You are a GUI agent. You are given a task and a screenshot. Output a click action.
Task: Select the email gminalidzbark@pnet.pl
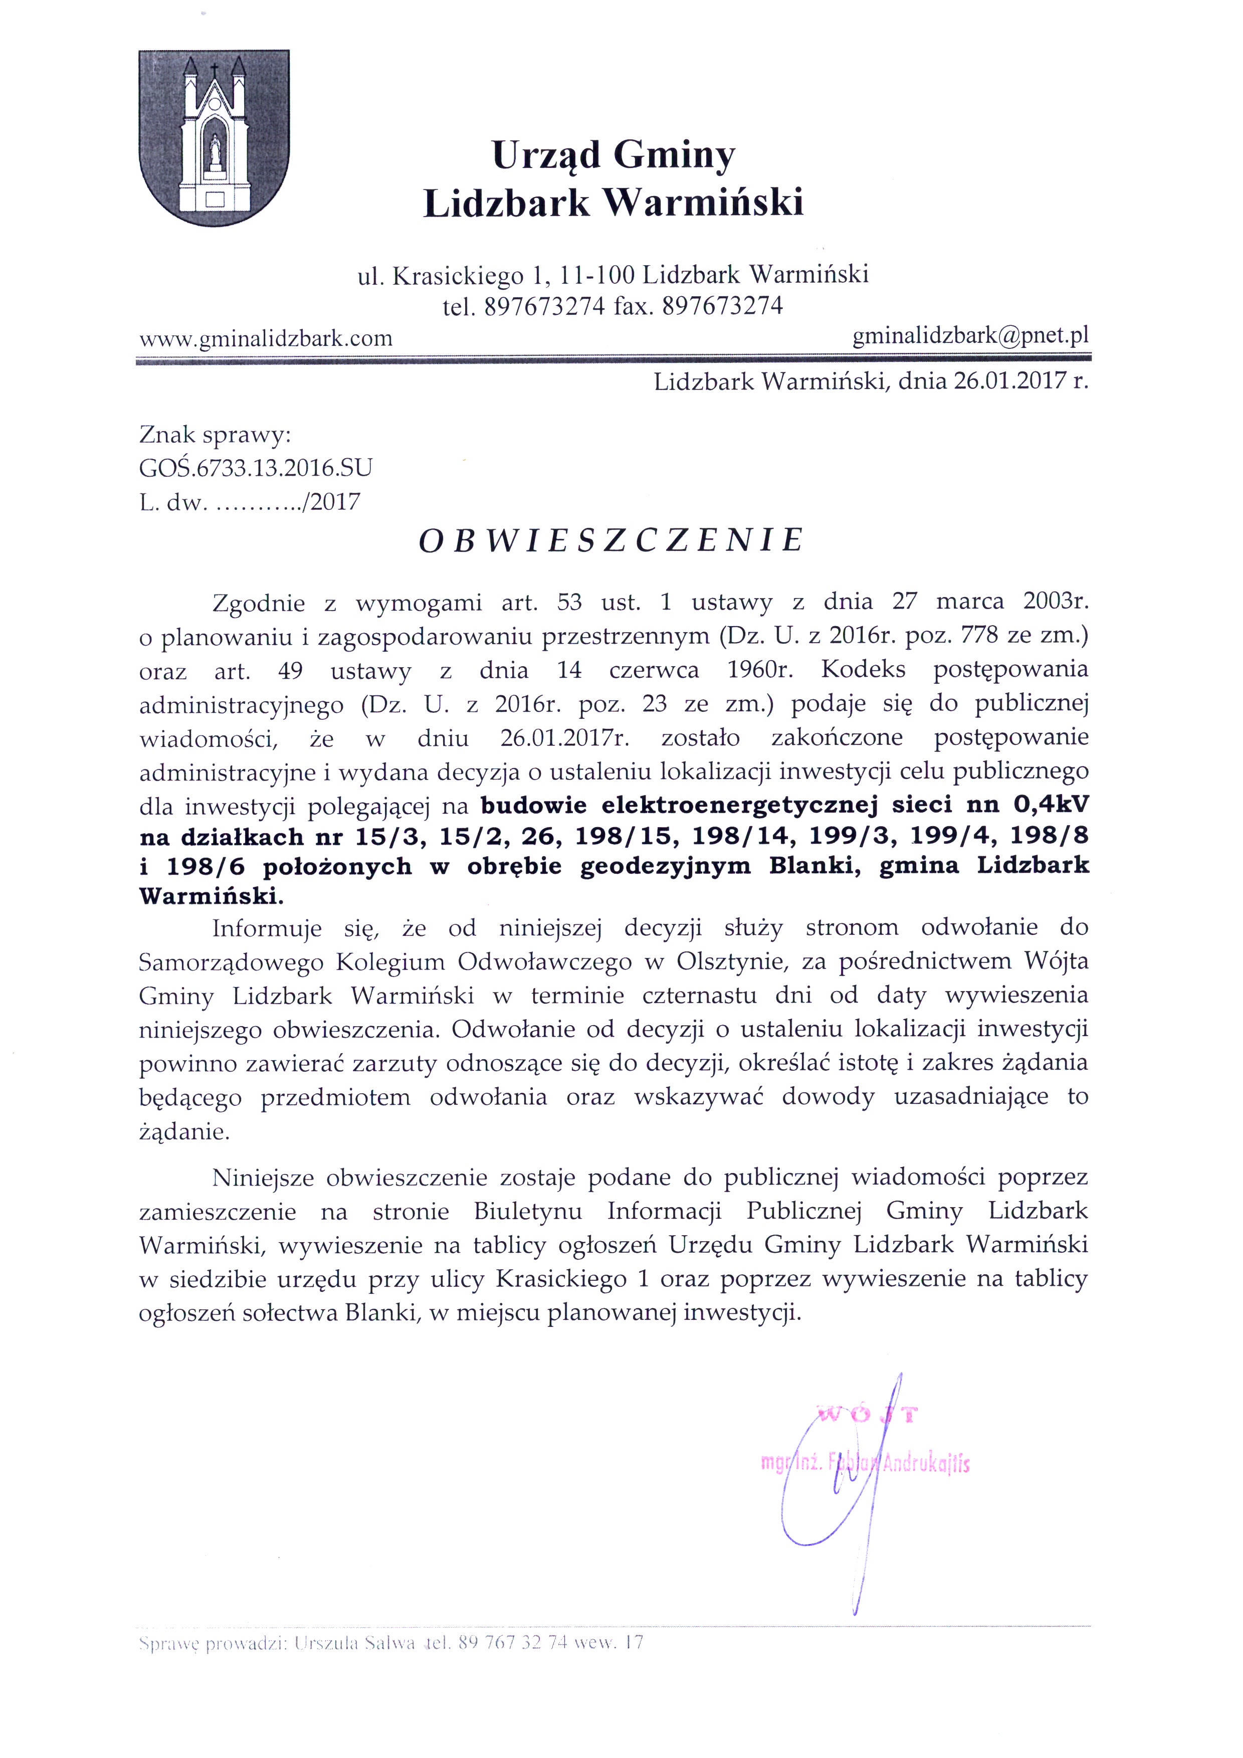970,335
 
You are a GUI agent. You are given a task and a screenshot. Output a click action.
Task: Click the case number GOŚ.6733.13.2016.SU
256,468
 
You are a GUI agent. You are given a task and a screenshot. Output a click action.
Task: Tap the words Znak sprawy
215,435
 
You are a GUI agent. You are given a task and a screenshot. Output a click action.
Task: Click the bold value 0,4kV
1050,804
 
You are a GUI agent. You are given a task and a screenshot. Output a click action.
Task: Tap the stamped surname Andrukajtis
926,1464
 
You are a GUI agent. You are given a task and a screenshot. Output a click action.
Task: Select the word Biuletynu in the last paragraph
528,1211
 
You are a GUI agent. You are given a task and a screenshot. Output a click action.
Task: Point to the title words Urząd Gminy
613,155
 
